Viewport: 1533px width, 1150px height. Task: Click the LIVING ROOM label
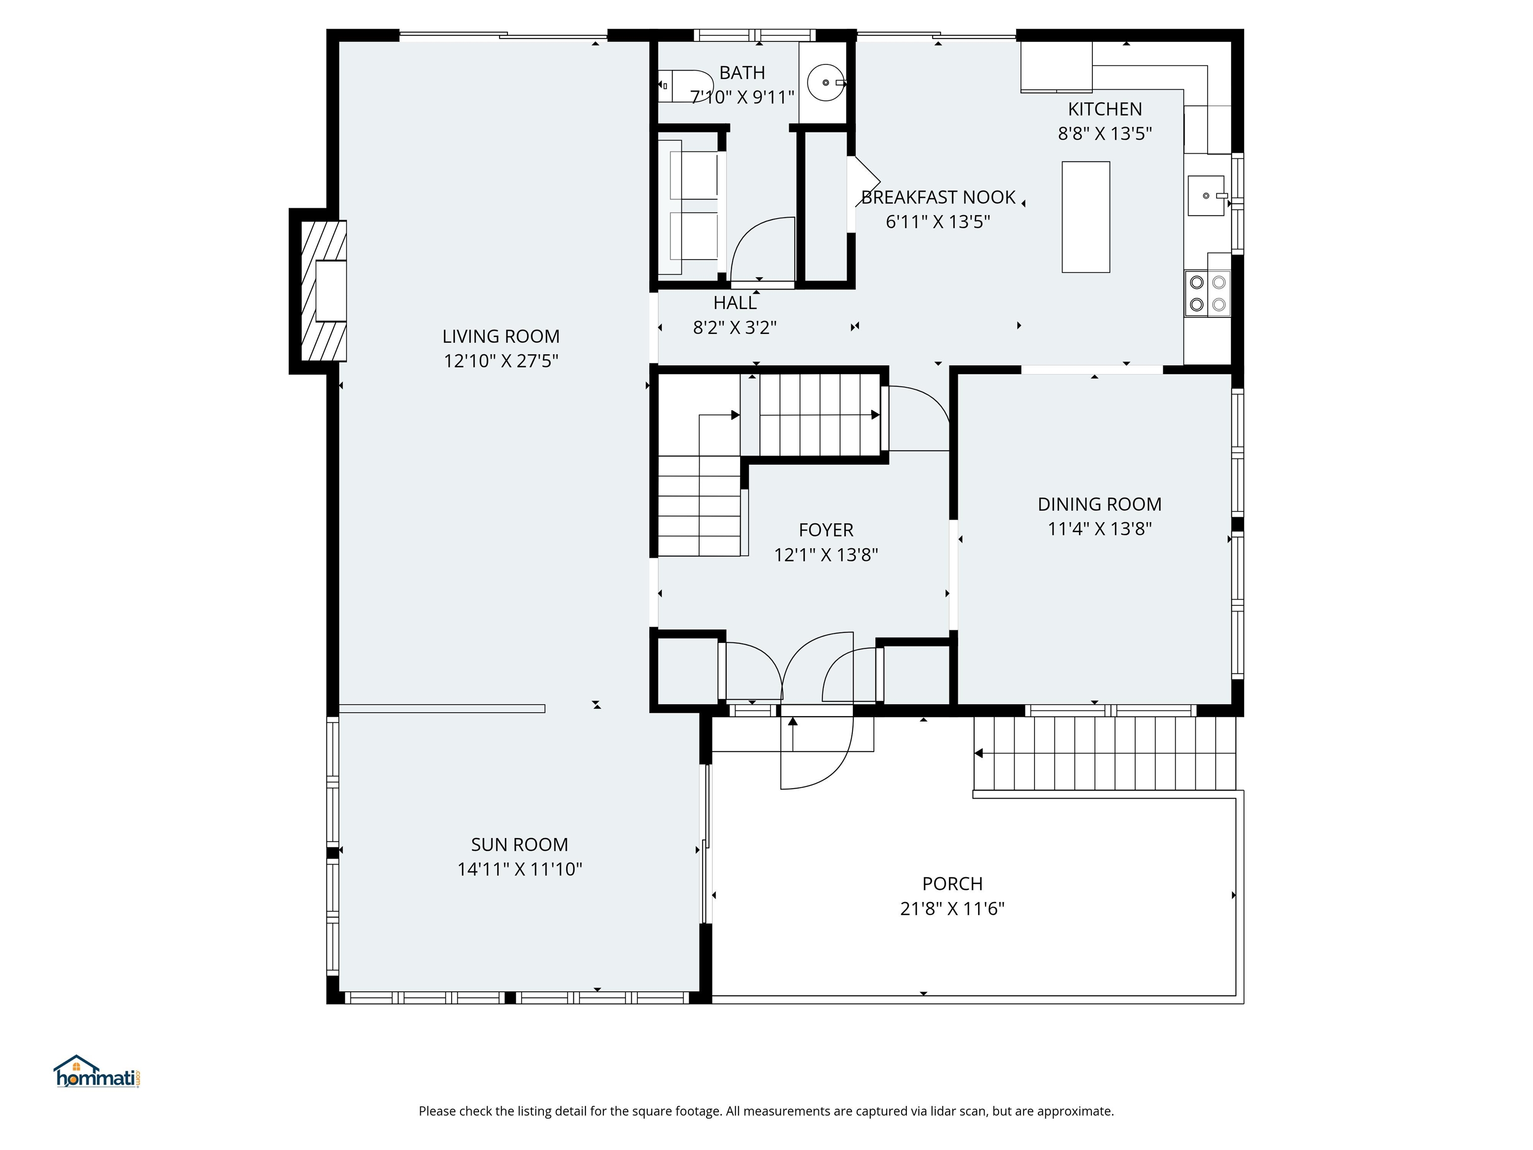pyautogui.click(x=501, y=337)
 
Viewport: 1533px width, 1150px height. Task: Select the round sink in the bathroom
pyautogui.click(x=825, y=82)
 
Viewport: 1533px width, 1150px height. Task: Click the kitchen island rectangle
pyautogui.click(x=1085, y=217)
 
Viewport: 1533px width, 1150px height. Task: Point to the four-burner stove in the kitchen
pyautogui.click(x=1207, y=293)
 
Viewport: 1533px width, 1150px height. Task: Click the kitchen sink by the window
pyautogui.click(x=1205, y=196)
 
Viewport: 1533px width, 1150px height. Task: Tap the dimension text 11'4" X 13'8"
pyautogui.click(x=1099, y=530)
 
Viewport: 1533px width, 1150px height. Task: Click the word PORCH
pyautogui.click(x=952, y=884)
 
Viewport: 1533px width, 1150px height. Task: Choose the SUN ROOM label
pyautogui.click(x=519, y=845)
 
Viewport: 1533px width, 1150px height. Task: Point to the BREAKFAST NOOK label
pyautogui.click(x=938, y=198)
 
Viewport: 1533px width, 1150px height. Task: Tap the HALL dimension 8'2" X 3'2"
pyautogui.click(x=735, y=328)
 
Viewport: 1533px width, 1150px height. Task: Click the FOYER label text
pyautogui.click(x=825, y=530)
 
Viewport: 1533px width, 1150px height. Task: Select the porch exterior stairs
pyautogui.click(x=1105, y=754)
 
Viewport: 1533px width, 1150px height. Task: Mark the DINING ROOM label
pyautogui.click(x=1099, y=505)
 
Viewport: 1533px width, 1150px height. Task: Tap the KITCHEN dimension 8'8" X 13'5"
pyautogui.click(x=1105, y=134)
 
